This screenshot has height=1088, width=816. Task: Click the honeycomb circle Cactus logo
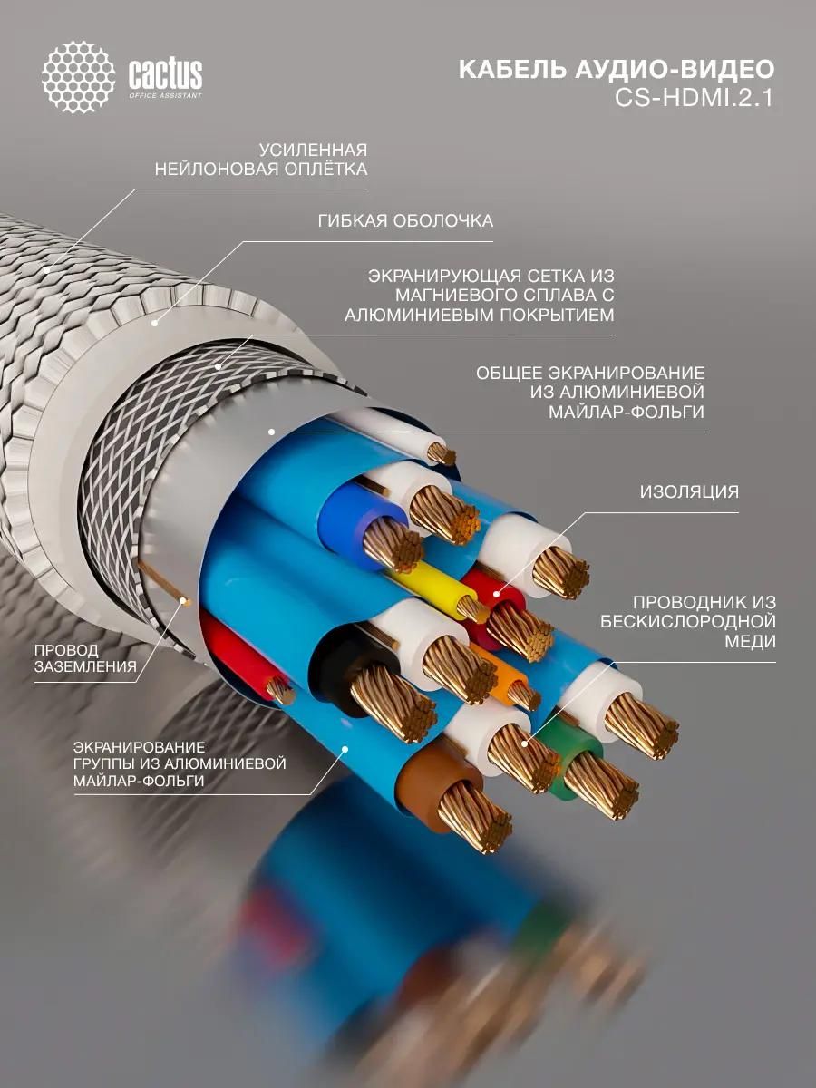coord(79,77)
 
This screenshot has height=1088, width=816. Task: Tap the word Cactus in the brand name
coord(166,73)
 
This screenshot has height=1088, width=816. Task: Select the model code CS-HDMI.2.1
coord(695,98)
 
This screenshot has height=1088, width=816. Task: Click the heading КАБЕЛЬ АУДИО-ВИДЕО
coord(617,70)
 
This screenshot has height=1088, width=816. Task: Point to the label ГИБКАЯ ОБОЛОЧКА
coord(405,221)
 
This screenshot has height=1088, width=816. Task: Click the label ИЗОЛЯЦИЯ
coord(689,491)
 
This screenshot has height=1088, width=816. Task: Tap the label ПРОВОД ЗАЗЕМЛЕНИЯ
coord(85,658)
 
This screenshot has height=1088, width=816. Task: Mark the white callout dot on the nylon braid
coord(46,270)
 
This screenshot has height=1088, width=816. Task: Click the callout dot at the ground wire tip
coord(184,601)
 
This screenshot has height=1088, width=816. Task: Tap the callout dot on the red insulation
coord(496,594)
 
